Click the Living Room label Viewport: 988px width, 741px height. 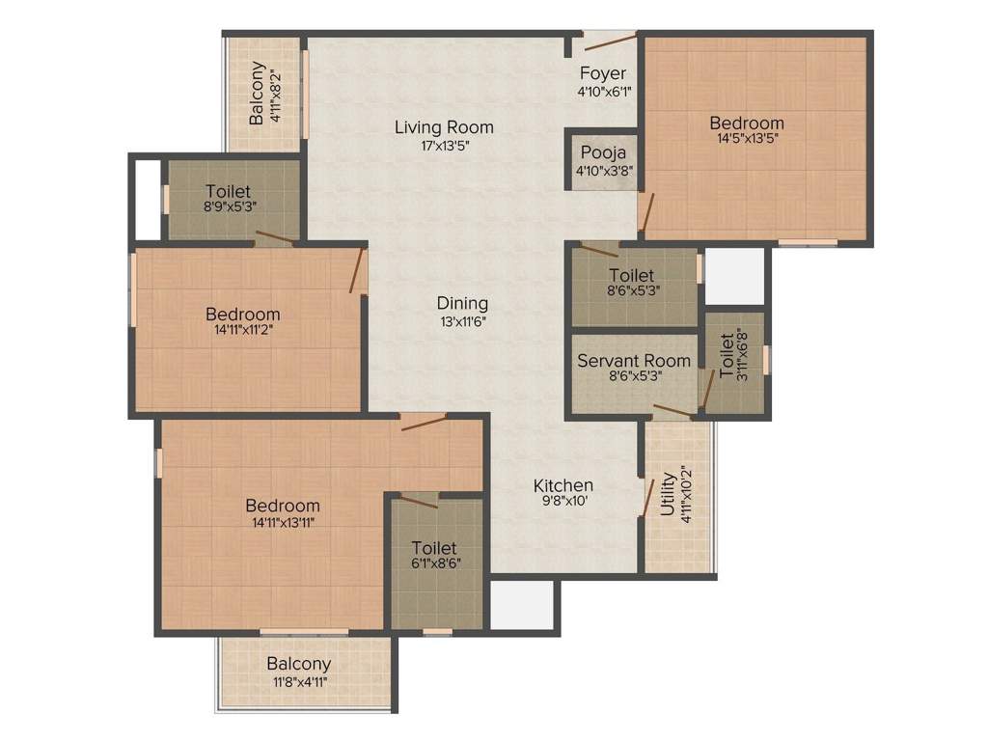tap(444, 126)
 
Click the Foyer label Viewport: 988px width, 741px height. tap(603, 73)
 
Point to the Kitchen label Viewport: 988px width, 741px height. tap(564, 484)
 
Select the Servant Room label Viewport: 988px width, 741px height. tap(634, 361)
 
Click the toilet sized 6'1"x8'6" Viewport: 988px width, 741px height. tap(434, 557)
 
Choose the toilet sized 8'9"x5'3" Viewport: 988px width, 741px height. tap(228, 198)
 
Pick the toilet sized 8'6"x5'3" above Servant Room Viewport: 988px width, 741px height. tap(632, 283)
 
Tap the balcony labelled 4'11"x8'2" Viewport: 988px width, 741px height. tap(264, 94)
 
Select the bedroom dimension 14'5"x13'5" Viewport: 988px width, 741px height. tap(747, 138)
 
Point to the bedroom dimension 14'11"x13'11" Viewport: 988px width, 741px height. tap(282, 522)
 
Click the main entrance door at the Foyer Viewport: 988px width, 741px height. tap(609, 41)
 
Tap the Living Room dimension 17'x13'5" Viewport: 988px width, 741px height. tap(444, 145)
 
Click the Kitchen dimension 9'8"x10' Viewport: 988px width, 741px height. tap(564, 502)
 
